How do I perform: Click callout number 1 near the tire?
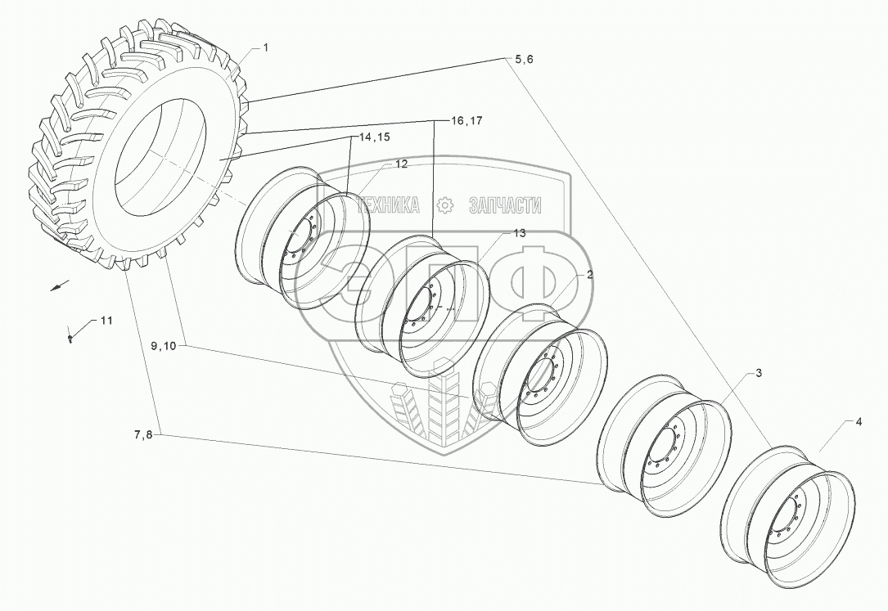(x=265, y=48)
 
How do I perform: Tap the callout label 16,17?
(x=467, y=120)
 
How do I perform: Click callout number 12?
(x=401, y=164)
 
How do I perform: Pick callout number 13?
(x=519, y=233)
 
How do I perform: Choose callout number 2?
(x=589, y=275)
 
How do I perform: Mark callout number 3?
(x=759, y=373)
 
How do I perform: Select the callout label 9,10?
(x=164, y=346)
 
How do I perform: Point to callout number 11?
(x=106, y=320)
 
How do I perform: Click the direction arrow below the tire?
(x=56, y=285)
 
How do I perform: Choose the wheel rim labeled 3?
(x=665, y=446)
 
